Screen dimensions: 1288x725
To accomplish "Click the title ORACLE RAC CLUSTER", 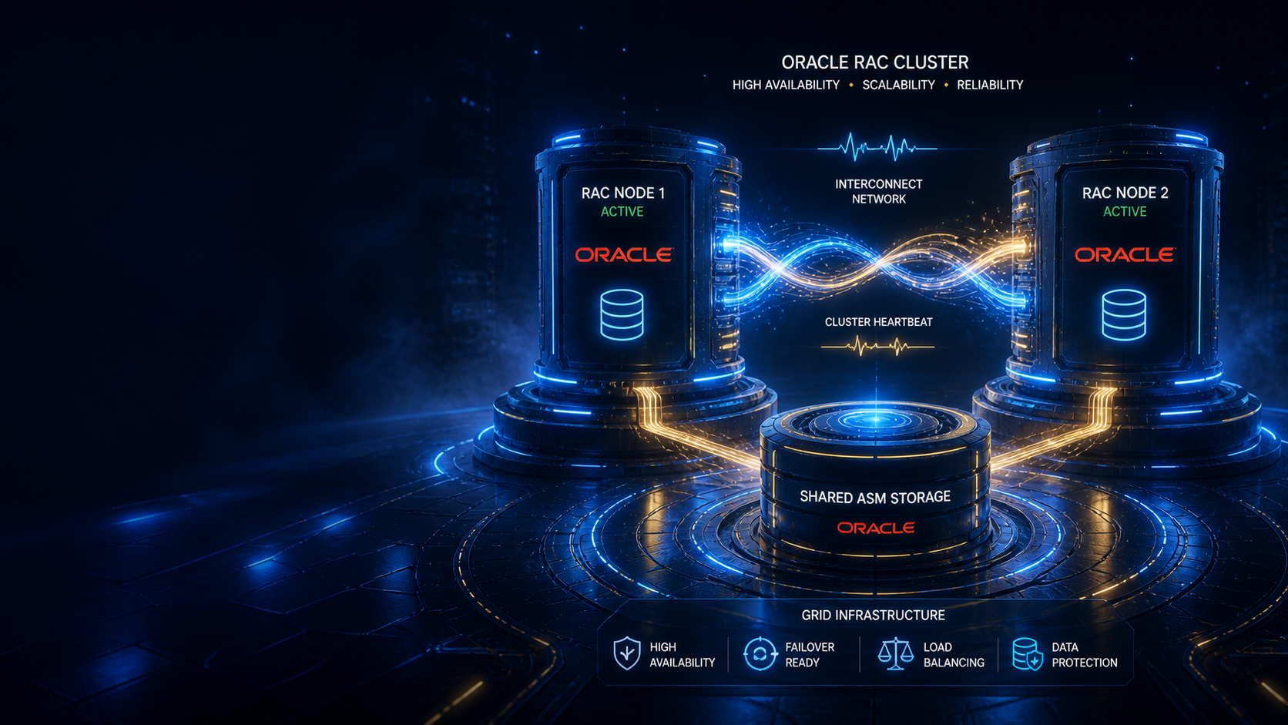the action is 874,62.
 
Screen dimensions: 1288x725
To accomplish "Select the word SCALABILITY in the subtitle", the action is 898,85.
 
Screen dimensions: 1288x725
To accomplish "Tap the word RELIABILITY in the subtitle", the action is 990,85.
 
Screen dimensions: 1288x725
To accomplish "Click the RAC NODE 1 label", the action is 622,193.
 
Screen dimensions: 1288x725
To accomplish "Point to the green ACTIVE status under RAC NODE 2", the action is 1125,212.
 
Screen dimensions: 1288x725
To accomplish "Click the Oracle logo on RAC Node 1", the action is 624,255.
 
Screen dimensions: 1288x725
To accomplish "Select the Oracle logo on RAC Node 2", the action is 1125,255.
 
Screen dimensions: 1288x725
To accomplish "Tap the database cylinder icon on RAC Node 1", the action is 622,314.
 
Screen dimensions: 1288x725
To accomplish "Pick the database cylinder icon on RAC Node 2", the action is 1124,314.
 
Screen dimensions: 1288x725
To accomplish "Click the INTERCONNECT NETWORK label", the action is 879,191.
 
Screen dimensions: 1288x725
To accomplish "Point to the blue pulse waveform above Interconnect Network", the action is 877,147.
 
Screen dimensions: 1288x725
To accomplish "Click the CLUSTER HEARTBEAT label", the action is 879,322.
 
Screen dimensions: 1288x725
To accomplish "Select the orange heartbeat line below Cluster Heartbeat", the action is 877,347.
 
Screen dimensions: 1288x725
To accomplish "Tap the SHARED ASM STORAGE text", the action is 874,497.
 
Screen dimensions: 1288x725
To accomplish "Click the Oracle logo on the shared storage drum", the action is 875,528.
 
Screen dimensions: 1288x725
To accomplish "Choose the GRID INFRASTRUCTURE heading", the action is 873,615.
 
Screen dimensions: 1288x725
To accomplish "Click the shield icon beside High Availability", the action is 627,653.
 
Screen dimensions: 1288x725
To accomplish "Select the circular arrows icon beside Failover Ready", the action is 760,653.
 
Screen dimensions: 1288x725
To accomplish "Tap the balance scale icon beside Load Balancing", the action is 895,653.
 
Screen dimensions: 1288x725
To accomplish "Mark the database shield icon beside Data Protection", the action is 1028,654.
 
